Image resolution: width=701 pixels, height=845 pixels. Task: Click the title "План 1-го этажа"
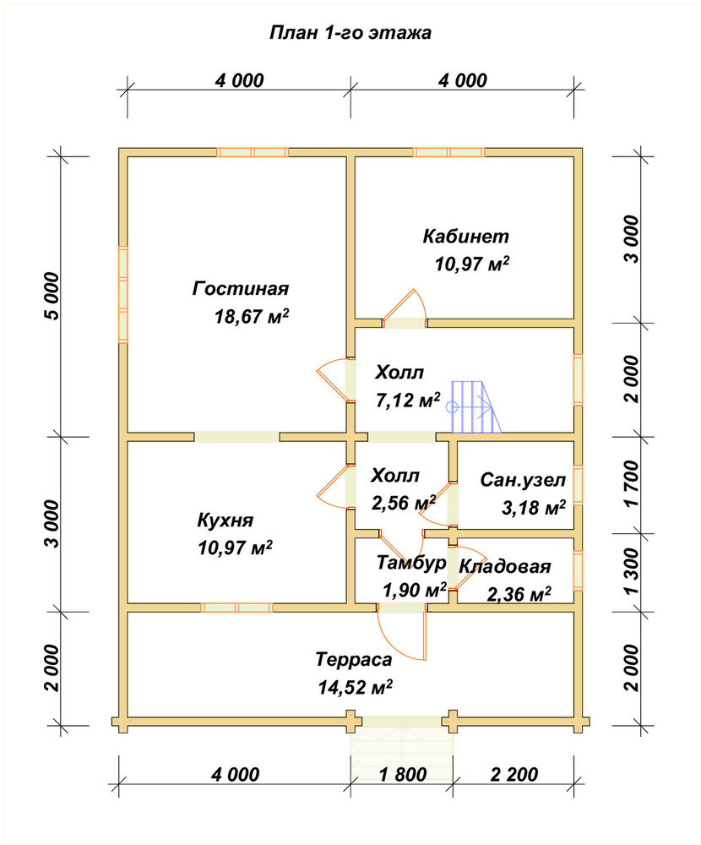350,34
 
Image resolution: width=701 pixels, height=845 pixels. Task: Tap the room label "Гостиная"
241,288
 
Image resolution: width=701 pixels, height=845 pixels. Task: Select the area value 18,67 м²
252,316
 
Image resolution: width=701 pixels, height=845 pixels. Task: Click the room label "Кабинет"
465,236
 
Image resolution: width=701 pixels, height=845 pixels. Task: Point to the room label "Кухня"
226,521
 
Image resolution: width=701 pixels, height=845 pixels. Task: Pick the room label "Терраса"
354,660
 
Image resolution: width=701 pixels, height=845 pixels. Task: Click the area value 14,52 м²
355,687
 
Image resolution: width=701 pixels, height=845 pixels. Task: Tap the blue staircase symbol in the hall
474,406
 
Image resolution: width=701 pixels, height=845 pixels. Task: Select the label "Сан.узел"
523,480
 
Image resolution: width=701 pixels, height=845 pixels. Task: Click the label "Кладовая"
505,567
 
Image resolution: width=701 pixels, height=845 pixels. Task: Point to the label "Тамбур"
411,563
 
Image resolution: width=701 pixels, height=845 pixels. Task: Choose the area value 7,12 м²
408,400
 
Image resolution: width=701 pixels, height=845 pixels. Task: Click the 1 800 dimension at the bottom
403,774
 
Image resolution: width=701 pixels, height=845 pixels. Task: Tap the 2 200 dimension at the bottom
514,774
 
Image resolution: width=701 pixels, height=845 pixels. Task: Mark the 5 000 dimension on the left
53,296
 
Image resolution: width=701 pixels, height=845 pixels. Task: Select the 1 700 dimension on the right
631,483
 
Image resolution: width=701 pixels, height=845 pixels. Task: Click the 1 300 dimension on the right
631,572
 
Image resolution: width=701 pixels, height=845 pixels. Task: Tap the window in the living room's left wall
123,294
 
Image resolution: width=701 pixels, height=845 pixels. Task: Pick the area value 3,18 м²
534,508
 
